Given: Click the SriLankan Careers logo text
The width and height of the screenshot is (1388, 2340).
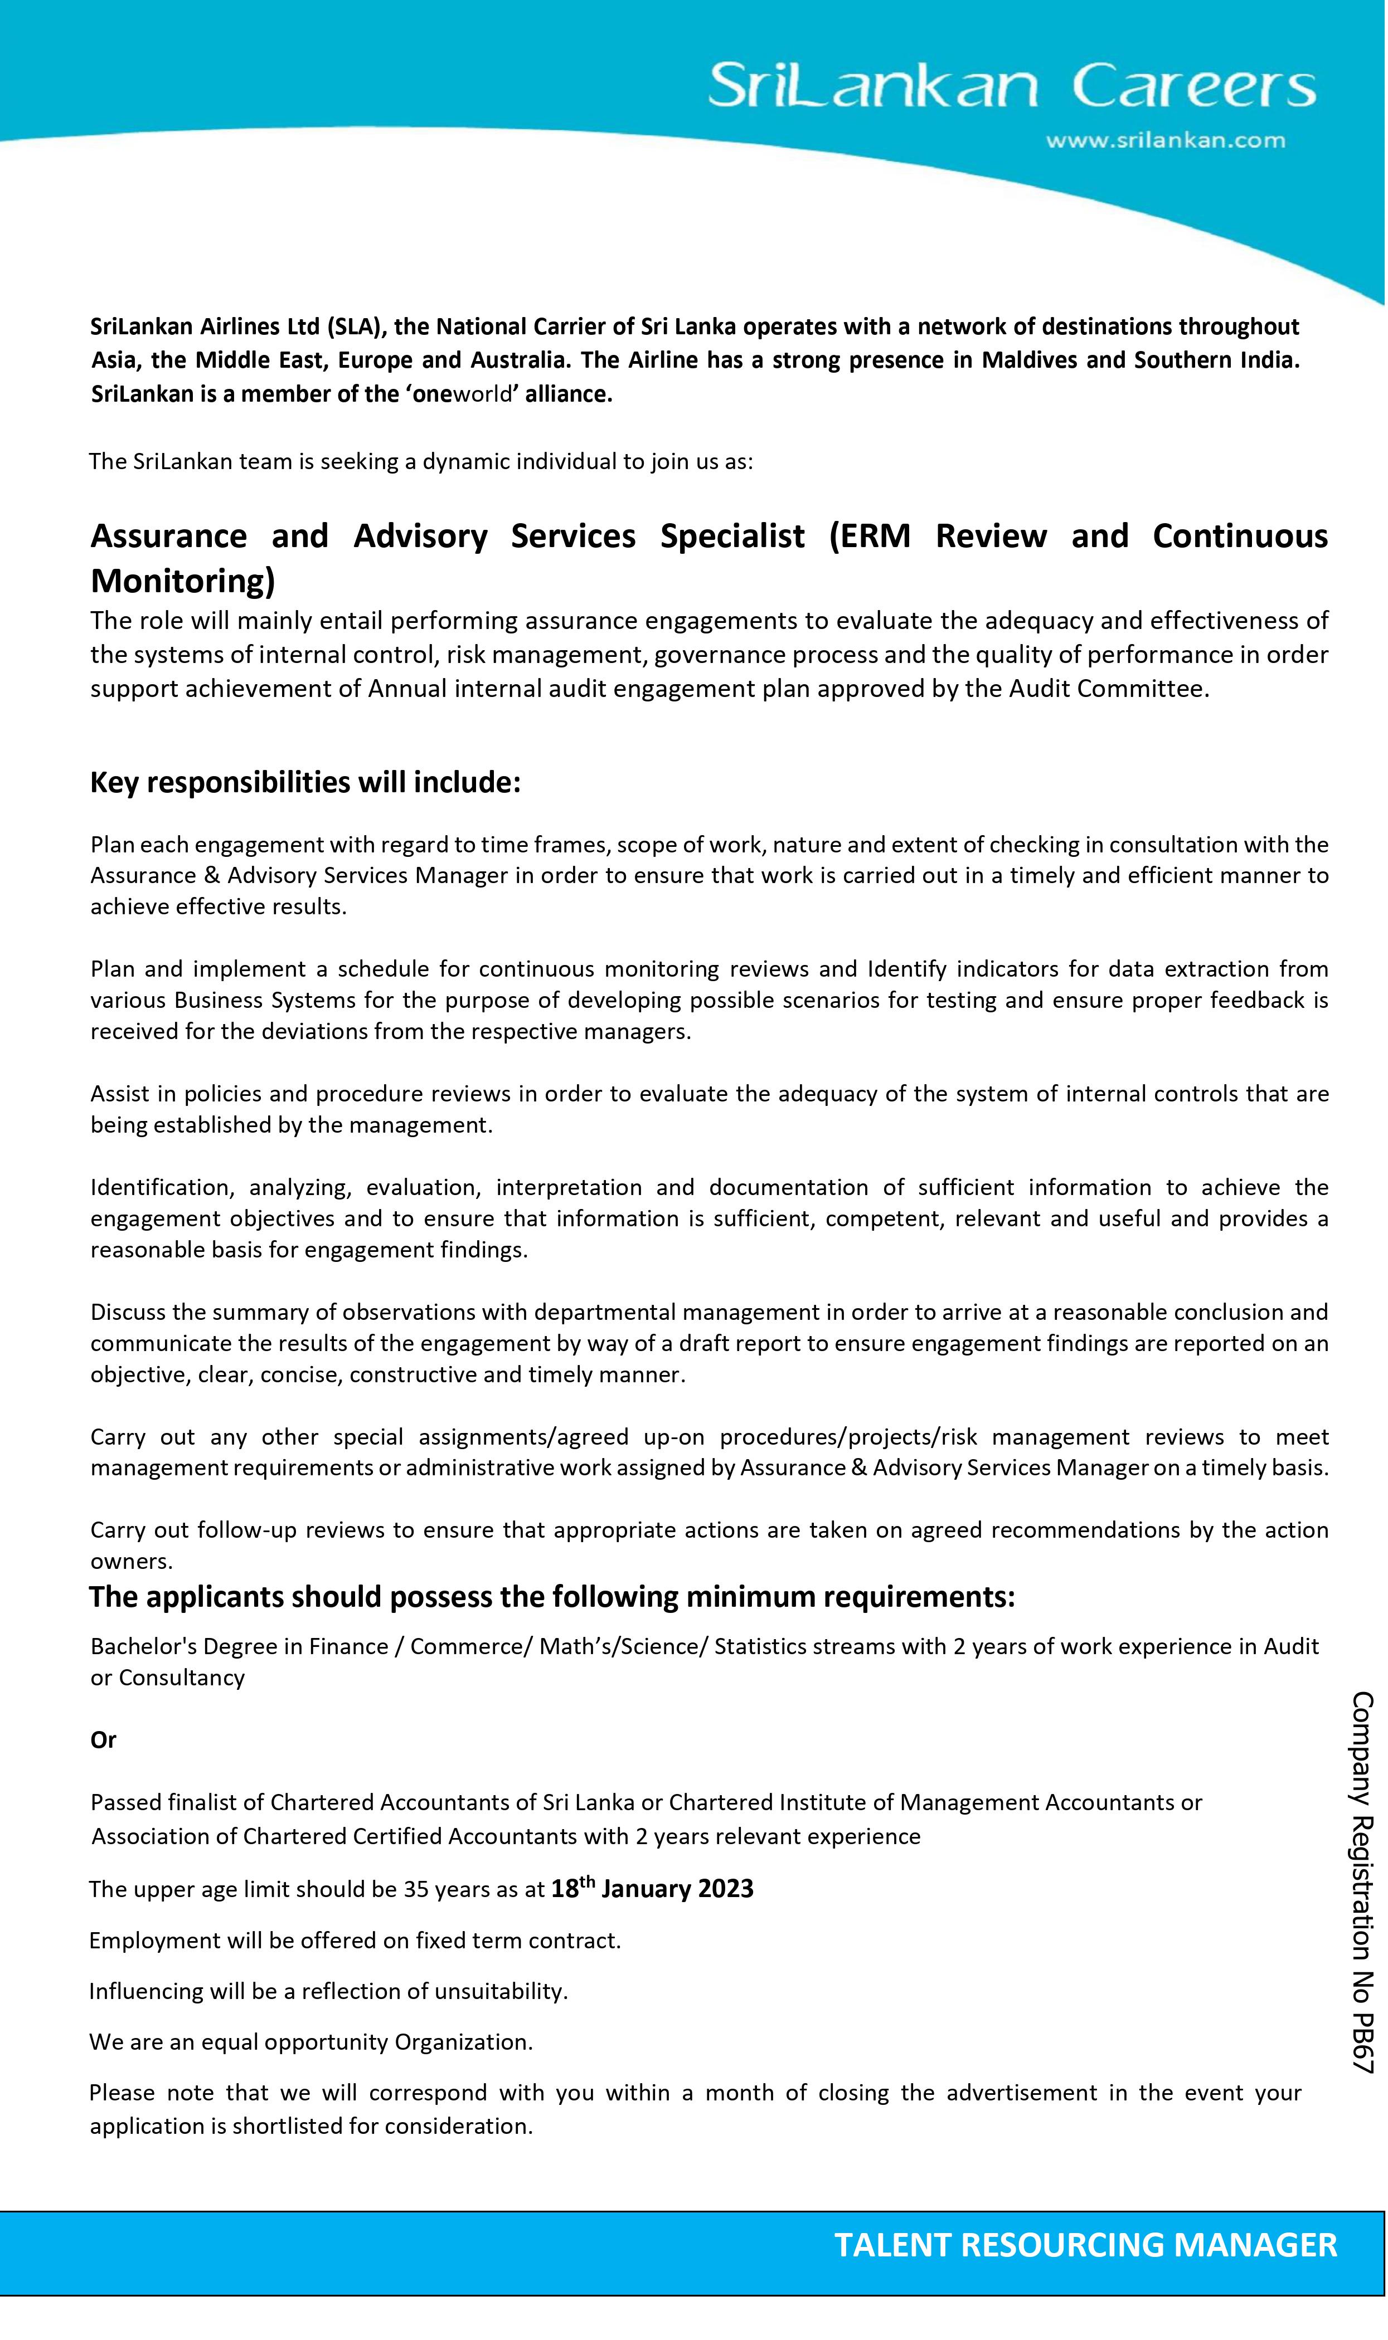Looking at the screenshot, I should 1012,86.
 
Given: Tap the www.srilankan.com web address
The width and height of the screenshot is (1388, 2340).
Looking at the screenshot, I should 1164,141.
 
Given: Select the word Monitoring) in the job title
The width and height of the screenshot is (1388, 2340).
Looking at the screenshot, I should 182,582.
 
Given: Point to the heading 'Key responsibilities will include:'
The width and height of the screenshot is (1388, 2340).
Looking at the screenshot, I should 305,782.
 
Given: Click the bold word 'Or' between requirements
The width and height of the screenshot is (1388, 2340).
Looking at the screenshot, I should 103,1740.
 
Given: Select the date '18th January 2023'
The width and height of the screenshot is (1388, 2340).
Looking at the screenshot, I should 652,1889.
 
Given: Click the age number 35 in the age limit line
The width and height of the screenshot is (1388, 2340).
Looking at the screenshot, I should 415,1890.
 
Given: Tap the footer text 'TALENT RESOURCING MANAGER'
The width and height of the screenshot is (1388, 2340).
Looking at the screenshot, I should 1085,2245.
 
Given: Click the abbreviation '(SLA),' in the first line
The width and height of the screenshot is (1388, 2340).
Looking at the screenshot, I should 356,327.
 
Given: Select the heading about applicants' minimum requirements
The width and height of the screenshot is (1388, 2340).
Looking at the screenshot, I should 552,1597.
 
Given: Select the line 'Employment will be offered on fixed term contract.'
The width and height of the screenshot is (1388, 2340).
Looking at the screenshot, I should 356,1941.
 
